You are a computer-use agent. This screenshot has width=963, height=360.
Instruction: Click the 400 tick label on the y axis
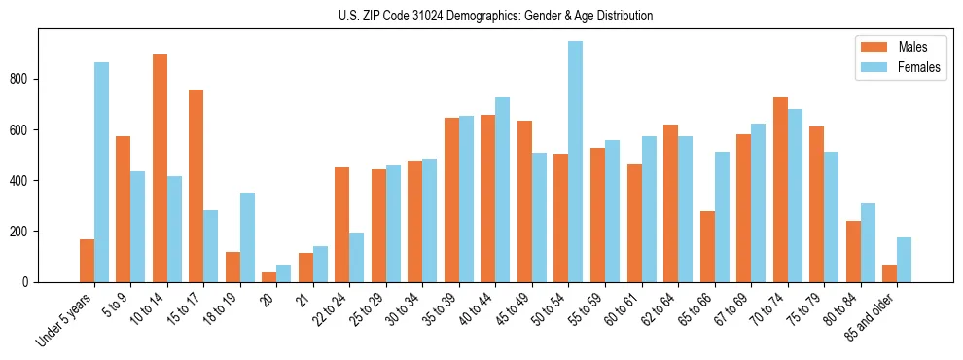pyautogui.click(x=21, y=180)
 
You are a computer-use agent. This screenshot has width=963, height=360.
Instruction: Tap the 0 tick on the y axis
pyautogui.click(x=28, y=281)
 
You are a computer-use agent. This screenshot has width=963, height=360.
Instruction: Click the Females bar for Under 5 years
pyautogui.click(x=101, y=172)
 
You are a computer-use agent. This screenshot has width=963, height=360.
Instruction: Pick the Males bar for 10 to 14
pyautogui.click(x=160, y=168)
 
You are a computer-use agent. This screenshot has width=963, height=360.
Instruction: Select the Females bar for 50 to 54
pyautogui.click(x=576, y=162)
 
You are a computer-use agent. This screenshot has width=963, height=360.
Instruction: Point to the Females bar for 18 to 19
pyautogui.click(x=247, y=237)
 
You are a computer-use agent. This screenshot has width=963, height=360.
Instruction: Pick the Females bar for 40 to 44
pyautogui.click(x=503, y=190)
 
